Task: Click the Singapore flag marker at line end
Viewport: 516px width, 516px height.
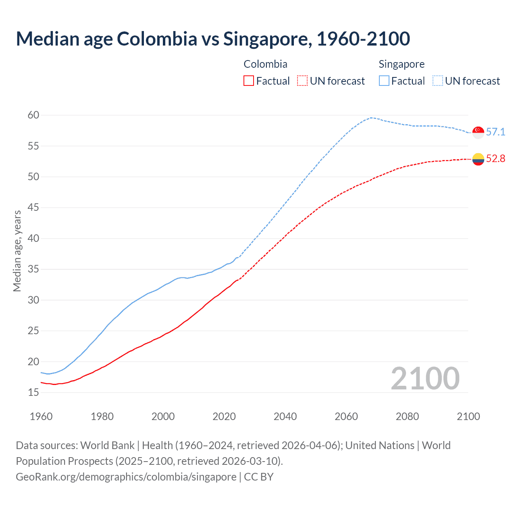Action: (478, 132)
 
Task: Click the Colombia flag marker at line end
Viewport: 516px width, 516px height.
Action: (478, 159)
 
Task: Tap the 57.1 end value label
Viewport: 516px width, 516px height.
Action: (495, 132)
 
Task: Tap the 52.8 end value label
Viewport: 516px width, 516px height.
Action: (495, 158)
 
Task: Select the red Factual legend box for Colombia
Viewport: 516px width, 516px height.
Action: (249, 81)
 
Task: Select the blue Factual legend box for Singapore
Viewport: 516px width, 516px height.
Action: (384, 81)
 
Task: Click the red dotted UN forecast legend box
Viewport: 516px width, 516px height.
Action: (302, 81)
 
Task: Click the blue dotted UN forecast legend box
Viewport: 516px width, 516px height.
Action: (438, 81)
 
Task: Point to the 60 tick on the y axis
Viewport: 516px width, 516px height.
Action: (33, 115)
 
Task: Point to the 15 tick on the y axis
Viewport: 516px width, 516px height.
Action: (33, 392)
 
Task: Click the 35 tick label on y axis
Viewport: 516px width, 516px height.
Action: (33, 269)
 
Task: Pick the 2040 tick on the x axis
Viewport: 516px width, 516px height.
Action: (285, 416)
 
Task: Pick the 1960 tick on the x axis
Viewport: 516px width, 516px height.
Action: (41, 416)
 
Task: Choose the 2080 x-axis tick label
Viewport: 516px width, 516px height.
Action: (407, 416)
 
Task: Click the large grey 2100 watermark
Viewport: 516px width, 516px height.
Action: (425, 379)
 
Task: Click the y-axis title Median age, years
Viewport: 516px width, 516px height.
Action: (17, 251)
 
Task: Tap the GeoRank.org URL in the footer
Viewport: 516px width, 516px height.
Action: (126, 477)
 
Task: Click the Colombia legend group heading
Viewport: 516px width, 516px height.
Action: (265, 64)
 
